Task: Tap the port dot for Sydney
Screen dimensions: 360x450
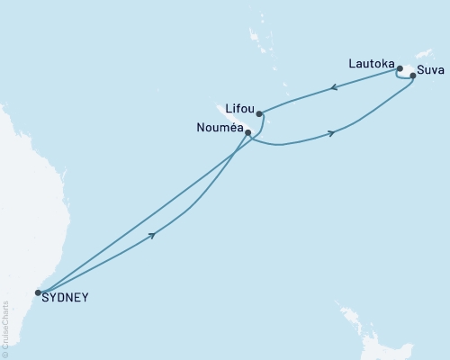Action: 38,292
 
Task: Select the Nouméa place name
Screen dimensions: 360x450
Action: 218,129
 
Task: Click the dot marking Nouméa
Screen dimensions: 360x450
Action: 247,133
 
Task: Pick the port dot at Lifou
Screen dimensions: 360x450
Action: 259,113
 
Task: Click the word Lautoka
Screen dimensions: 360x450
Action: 370,64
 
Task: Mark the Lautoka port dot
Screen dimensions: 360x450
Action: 400,68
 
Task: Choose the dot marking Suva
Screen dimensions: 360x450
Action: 413,76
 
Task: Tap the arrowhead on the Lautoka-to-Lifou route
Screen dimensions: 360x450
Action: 334,87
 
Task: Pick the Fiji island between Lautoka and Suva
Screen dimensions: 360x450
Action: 408,70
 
